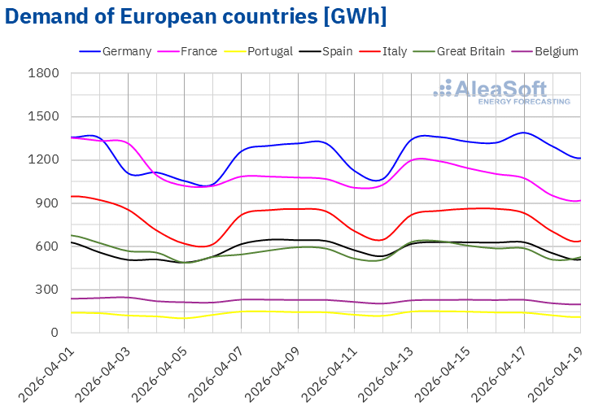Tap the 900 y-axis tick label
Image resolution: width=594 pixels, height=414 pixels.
(48, 203)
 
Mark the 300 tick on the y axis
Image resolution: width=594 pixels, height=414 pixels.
(48, 290)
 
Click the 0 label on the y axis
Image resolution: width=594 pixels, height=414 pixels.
(55, 333)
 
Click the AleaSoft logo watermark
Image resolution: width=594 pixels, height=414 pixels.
(501, 91)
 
